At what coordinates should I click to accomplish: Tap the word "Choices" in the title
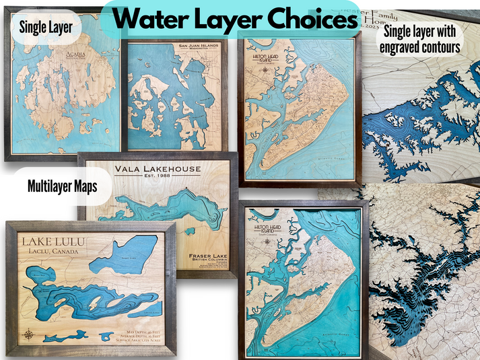[x=306, y=20]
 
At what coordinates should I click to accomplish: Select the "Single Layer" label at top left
[x=46, y=28]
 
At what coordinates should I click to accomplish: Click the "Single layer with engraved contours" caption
[x=421, y=38]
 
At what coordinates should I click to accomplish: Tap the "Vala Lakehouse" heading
[x=156, y=170]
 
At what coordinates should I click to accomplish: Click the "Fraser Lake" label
[x=203, y=247]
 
